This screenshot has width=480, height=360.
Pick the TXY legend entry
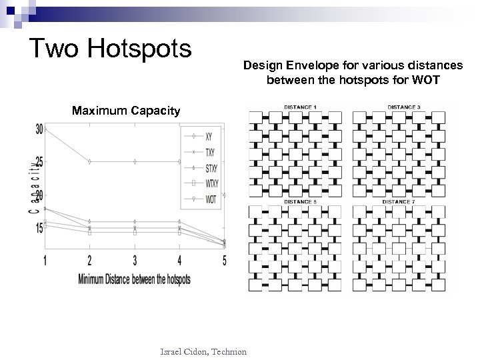211,152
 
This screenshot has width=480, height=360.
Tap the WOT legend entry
211,198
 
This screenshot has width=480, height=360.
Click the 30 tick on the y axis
40,129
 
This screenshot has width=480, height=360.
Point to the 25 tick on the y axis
40,161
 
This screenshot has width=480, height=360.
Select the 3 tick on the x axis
135,260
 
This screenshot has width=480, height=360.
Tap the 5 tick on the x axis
225,260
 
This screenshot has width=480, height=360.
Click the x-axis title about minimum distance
134,279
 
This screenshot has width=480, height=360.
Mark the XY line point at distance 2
90,161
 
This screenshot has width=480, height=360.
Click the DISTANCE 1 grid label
300,107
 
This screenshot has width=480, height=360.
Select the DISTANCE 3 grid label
403,107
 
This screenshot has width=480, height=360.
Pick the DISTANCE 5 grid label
300,201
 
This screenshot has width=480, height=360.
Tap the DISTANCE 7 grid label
403,201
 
